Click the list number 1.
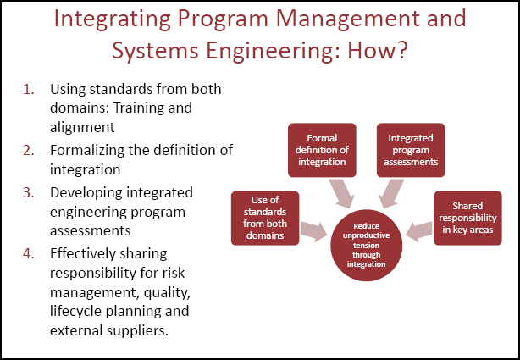(28, 89)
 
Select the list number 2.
(28, 150)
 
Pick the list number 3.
(28, 192)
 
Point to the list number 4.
(28, 253)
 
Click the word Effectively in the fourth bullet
(84, 253)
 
